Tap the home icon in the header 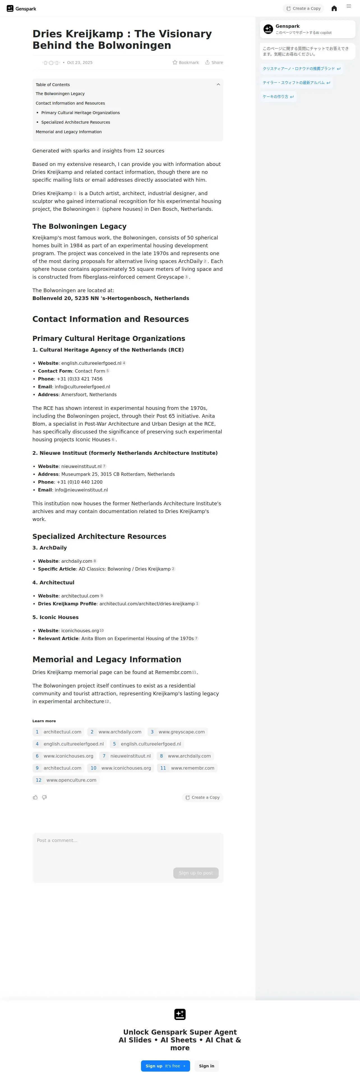[x=334, y=8]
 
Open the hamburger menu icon [x=349, y=6]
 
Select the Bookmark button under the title [x=186, y=63]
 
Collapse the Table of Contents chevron [x=218, y=85]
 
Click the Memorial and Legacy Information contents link [x=69, y=132]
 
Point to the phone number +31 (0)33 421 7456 [x=79, y=379]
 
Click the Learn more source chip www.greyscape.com [x=178, y=731]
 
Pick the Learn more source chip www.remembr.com [x=187, y=768]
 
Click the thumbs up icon [x=35, y=797]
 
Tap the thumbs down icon [x=44, y=797]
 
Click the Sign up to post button [x=196, y=873]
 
